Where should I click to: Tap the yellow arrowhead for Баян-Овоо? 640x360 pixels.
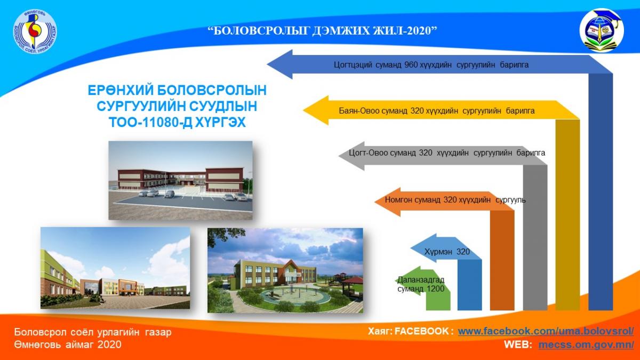pos(316,110)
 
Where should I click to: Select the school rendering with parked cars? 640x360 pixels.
pos(180,180)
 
